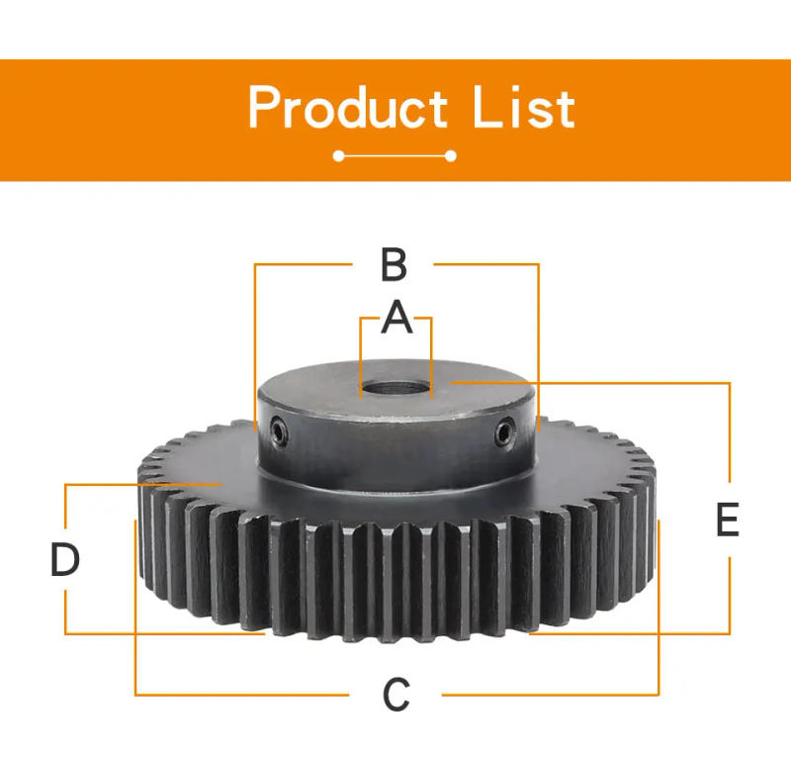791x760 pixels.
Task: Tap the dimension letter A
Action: [396, 318]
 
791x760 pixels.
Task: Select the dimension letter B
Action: [394, 265]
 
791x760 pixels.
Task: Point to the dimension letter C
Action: [396, 695]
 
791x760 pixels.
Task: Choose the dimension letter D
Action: [65, 560]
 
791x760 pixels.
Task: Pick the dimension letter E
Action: [728, 521]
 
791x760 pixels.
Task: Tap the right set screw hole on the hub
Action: [506, 431]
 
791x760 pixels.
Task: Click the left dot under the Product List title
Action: [339, 156]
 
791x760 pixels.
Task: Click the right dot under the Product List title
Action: [452, 156]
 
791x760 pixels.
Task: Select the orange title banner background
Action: [119, 119]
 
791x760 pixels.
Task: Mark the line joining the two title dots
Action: [395, 156]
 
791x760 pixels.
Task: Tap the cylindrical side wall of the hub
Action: [395, 450]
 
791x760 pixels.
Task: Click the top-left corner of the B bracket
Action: [255, 264]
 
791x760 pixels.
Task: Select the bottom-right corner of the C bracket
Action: [659, 695]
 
